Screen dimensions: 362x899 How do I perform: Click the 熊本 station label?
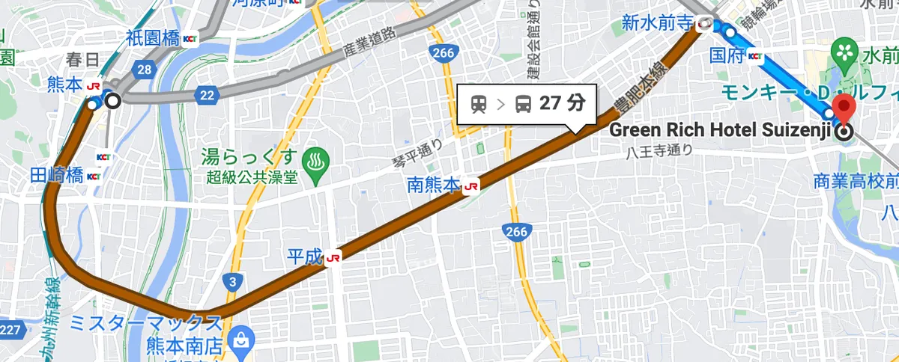[x=64, y=85]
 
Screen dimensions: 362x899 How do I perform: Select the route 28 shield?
[x=145, y=70]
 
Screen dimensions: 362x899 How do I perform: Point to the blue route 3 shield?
[x=233, y=282]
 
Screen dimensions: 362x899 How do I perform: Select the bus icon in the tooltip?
[x=524, y=104]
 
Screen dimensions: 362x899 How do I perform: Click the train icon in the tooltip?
[x=479, y=104]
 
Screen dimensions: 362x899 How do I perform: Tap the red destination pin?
[x=845, y=110]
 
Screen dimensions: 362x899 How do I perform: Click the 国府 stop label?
[x=726, y=55]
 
